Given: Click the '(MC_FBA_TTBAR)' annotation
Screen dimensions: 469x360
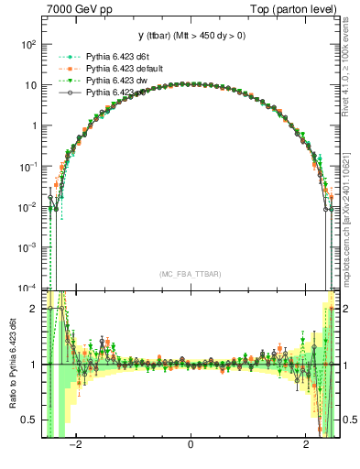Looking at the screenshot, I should coord(191,274).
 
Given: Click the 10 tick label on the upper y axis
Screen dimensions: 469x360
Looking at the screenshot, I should coord(30,85).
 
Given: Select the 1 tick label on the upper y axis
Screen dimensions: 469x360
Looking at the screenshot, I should coord(34,125).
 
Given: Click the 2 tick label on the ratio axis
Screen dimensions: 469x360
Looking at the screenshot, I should coord(34,310).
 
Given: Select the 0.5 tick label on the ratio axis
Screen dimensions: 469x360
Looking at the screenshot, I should coord(29,420).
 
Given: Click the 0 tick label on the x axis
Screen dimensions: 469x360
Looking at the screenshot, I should coord(191,446).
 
